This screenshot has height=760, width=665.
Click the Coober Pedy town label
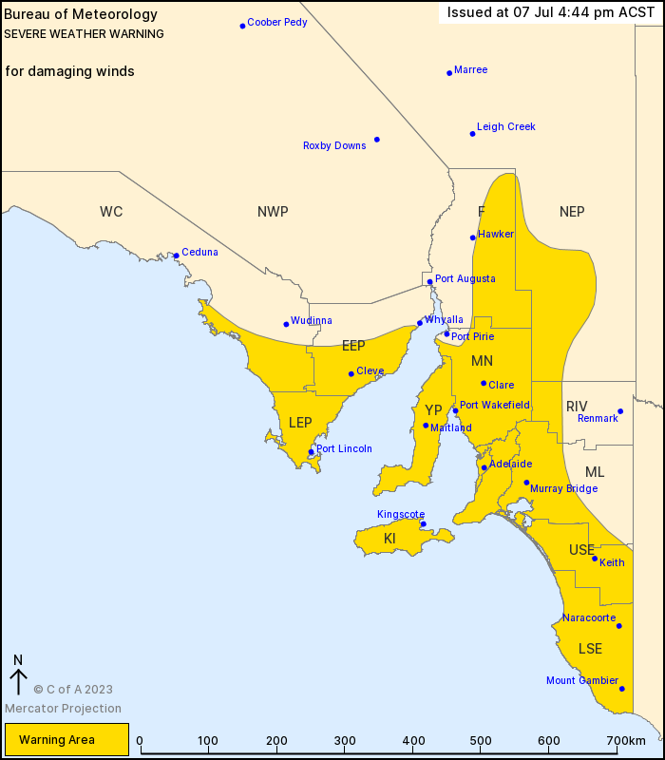tap(276, 22)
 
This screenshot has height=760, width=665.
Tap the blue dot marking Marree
tap(449, 72)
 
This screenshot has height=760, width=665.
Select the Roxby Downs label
tap(334, 145)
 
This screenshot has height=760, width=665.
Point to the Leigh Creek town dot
tap(472, 133)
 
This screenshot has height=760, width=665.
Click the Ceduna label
tap(199, 252)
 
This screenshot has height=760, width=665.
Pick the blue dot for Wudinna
tap(286, 324)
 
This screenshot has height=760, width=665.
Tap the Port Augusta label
tap(465, 278)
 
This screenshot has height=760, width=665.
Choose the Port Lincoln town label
tap(344, 448)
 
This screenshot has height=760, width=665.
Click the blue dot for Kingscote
tap(423, 523)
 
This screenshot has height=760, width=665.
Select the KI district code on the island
tap(389, 539)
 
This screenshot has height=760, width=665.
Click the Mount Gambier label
tap(581, 680)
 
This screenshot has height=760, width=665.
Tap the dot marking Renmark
tap(620, 411)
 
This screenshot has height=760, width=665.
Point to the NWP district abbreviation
tap(273, 212)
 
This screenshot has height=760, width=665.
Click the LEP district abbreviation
tap(300, 422)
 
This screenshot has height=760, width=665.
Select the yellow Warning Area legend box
tap(66, 739)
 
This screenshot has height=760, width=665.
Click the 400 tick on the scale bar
tap(413, 741)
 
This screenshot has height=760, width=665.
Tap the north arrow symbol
tap(18, 675)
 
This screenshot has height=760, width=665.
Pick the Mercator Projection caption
tap(63, 708)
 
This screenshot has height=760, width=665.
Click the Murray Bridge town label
tap(563, 488)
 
